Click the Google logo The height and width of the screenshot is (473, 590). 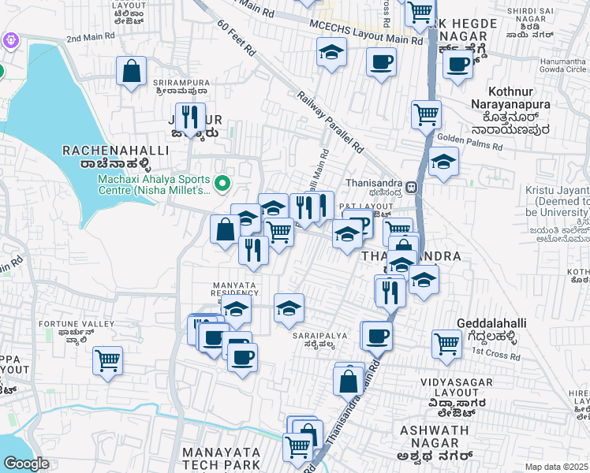pyautogui.click(x=26, y=464)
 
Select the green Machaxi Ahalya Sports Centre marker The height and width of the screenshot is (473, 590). pyautogui.click(x=222, y=184)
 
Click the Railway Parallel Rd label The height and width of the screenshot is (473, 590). pyautogui.click(x=330, y=121)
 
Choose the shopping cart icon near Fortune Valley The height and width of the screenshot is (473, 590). pyautogui.click(x=107, y=361)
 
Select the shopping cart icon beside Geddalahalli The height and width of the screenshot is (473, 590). pyautogui.click(x=446, y=343)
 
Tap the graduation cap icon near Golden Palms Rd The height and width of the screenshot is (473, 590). pyautogui.click(x=443, y=162)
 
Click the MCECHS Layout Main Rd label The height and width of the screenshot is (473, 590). pyautogui.click(x=366, y=39)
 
